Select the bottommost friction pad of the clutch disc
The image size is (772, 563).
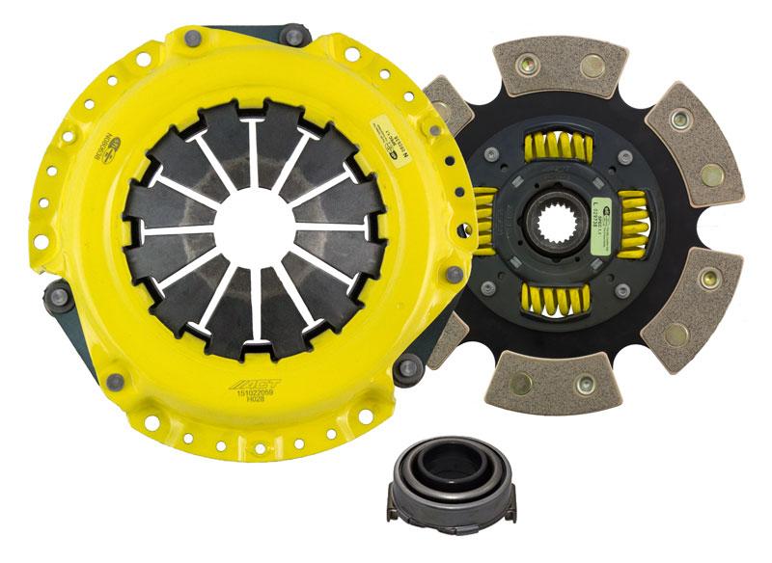tap(545, 386)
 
